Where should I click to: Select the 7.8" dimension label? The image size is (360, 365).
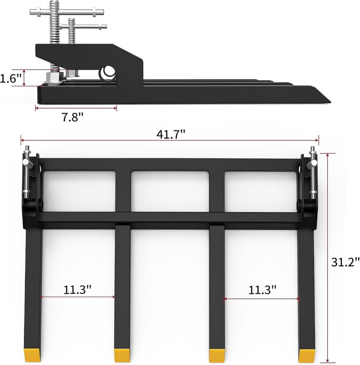tap(73, 117)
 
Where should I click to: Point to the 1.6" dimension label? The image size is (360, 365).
tap(11, 78)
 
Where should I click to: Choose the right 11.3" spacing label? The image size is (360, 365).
tap(262, 289)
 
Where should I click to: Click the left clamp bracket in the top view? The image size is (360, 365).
tap(30, 189)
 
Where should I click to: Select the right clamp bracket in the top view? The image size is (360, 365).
tap(310, 189)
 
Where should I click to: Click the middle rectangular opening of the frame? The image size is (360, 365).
tap(171, 191)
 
